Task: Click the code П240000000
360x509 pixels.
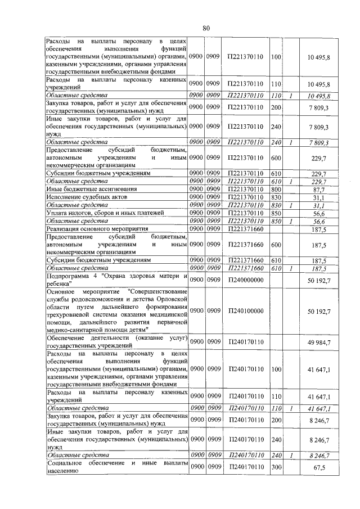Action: pyautogui.click(x=246, y=280)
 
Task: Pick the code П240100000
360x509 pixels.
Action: pyautogui.click(x=246, y=310)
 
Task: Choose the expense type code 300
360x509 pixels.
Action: pyautogui.click(x=276, y=467)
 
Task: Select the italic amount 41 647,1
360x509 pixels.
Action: pyautogui.click(x=318, y=408)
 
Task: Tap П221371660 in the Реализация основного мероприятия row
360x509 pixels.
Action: pyautogui.click(x=246, y=229)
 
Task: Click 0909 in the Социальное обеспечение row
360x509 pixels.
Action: pyautogui.click(x=213, y=467)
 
